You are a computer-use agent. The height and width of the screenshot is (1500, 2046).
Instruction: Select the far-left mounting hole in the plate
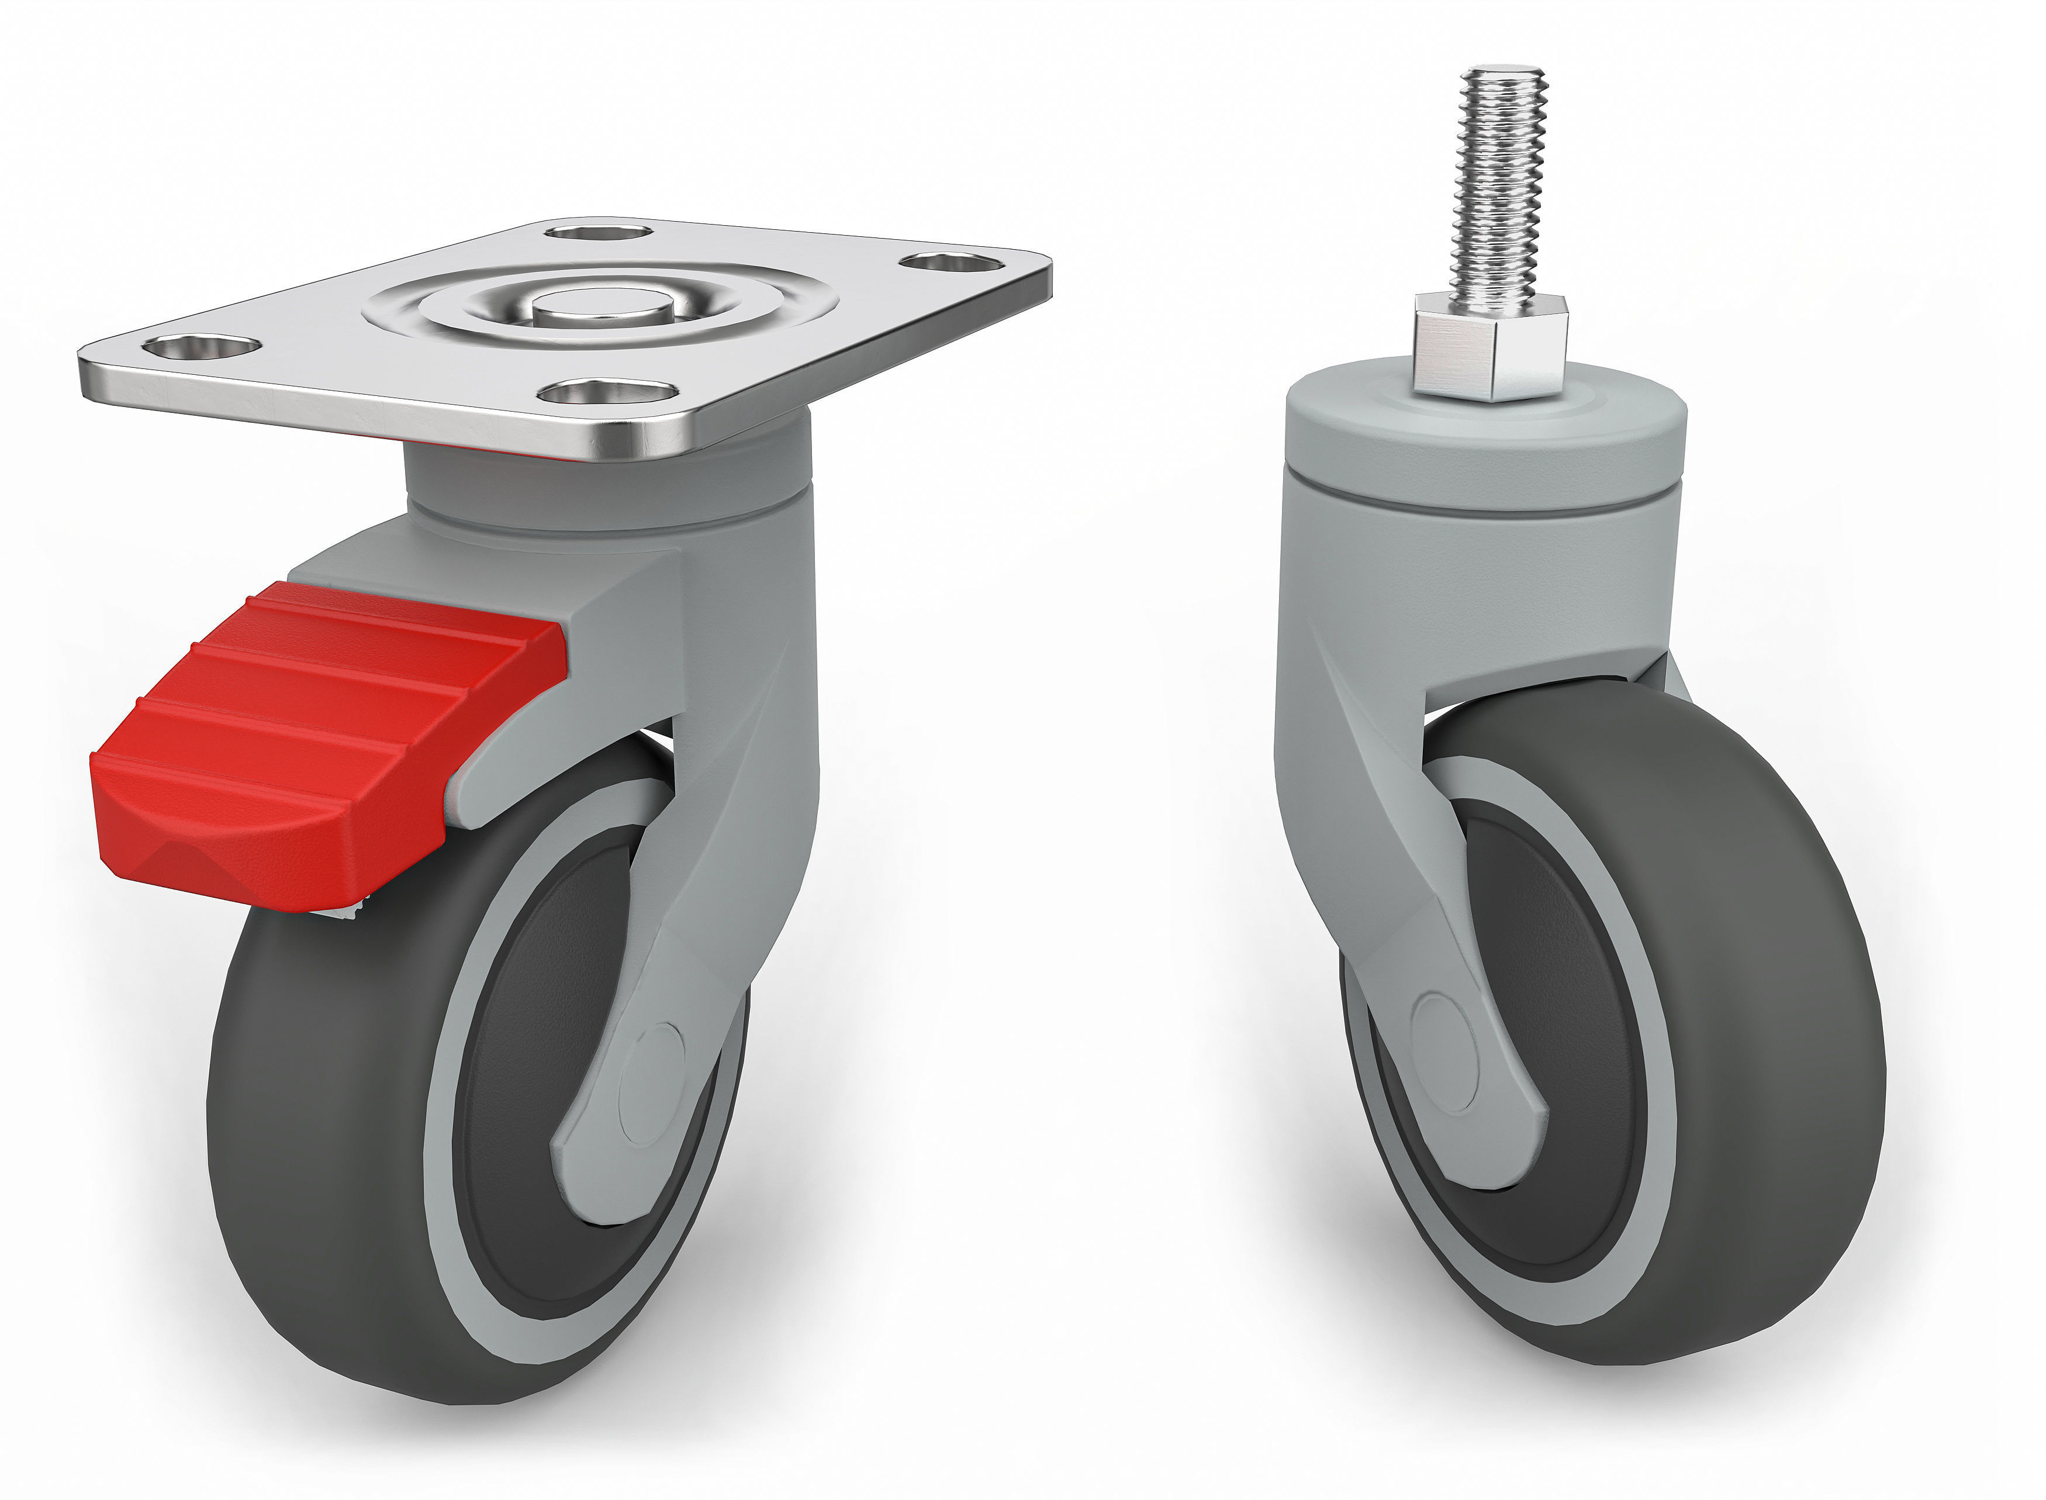click(x=202, y=347)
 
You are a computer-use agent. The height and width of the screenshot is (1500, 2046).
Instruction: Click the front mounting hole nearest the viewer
click(x=607, y=392)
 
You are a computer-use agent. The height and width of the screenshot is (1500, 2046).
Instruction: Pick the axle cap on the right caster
click(x=1445, y=1053)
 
